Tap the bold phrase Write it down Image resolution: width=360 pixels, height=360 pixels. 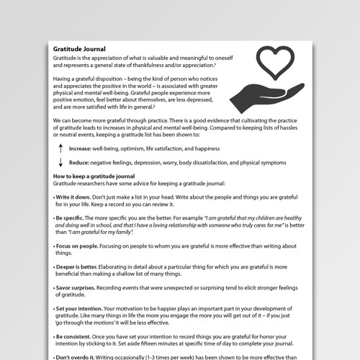tap(76, 197)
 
